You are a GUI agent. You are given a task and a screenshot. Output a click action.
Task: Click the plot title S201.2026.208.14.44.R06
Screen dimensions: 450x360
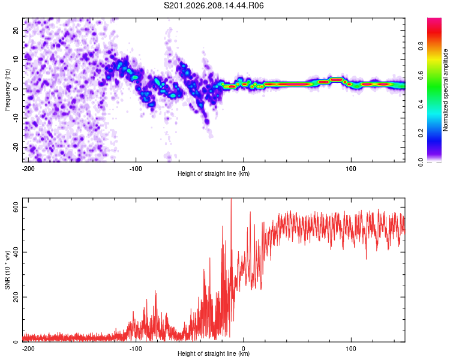click(214, 5)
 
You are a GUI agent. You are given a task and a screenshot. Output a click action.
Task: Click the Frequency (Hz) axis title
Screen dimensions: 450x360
click(7, 90)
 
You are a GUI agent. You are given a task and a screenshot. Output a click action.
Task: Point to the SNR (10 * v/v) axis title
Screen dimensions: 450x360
click(7, 270)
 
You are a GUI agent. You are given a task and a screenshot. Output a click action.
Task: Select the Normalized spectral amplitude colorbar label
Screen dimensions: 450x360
click(445, 90)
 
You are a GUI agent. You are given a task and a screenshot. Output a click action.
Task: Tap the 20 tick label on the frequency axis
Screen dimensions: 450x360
click(16, 31)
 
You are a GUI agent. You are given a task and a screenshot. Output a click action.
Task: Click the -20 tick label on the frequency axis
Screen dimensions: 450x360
click(16, 147)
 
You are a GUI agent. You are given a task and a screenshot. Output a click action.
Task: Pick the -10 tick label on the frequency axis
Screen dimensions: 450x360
click(16, 118)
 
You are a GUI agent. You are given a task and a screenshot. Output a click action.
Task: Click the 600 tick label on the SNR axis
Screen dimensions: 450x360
click(16, 207)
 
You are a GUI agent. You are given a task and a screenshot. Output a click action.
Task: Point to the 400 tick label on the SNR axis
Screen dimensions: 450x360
click(16, 252)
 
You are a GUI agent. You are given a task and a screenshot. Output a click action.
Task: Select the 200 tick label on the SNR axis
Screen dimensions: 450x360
click(16, 297)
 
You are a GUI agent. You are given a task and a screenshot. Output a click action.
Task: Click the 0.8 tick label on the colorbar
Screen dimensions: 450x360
click(421, 46)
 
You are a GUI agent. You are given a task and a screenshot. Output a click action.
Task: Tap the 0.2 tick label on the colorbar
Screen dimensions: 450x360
click(421, 133)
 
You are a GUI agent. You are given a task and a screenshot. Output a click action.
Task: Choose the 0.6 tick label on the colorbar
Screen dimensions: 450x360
click(421, 75)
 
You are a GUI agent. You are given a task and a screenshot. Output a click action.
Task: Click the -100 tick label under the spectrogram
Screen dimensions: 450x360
click(136, 169)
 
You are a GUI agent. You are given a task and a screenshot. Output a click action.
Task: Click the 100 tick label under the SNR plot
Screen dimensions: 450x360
click(351, 349)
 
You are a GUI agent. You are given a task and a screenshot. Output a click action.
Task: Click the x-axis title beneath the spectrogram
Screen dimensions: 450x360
click(214, 173)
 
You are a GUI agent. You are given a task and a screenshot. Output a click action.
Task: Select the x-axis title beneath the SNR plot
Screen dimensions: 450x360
click(214, 353)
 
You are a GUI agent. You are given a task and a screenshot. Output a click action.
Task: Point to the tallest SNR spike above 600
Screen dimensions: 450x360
click(232, 199)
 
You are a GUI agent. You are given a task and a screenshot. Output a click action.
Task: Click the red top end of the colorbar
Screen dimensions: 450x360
click(434, 20)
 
